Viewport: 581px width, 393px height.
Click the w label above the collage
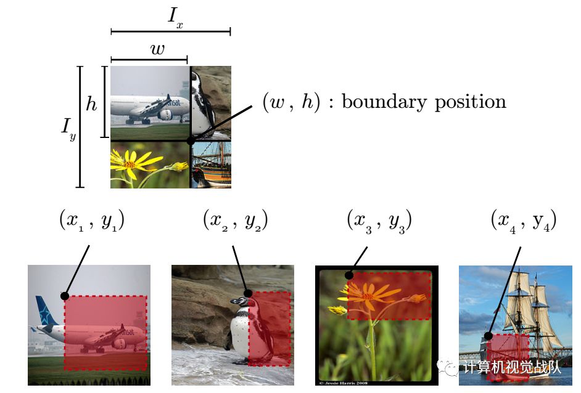pyautogui.click(x=158, y=49)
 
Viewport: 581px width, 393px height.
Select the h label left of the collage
pyautogui.click(x=92, y=103)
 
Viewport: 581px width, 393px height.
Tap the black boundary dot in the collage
pyautogui.click(x=190, y=140)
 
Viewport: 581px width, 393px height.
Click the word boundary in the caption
pyautogui.click(x=379, y=102)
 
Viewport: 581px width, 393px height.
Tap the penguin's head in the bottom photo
pyautogui.click(x=242, y=302)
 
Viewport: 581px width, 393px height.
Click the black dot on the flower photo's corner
pyautogui.click(x=348, y=275)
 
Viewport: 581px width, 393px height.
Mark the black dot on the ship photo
pyautogui.click(x=488, y=336)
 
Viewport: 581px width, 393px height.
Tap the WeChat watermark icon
pyautogui.click(x=451, y=368)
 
